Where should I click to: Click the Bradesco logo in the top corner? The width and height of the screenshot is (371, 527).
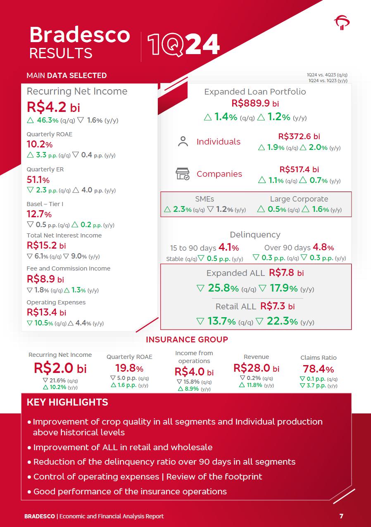click(x=342, y=22)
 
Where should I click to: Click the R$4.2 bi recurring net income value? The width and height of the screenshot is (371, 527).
click(x=53, y=107)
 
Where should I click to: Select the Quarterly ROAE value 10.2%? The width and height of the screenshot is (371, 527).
click(x=39, y=145)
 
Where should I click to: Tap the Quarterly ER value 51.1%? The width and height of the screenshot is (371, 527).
click(x=38, y=180)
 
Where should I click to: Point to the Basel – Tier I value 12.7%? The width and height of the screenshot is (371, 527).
click(x=39, y=214)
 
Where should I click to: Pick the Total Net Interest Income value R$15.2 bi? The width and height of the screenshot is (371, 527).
click(x=46, y=245)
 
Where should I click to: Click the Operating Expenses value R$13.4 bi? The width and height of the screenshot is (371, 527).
click(x=46, y=312)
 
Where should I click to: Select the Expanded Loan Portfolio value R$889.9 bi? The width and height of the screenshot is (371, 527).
click(x=255, y=103)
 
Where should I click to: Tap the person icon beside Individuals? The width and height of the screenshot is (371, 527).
click(x=183, y=141)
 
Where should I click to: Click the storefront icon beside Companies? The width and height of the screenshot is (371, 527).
click(x=183, y=174)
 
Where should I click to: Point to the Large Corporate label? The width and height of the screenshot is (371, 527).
click(x=299, y=199)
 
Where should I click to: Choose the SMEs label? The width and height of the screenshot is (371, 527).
click(x=205, y=199)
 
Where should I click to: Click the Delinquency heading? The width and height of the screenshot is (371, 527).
click(x=255, y=235)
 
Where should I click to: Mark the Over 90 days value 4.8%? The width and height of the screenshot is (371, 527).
click(x=323, y=247)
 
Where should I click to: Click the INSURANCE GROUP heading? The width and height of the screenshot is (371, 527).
click(x=187, y=339)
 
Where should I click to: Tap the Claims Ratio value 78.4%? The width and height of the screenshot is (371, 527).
click(x=318, y=369)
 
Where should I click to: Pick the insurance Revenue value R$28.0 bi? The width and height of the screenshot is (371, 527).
click(x=256, y=368)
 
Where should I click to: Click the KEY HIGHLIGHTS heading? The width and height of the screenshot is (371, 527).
click(x=67, y=402)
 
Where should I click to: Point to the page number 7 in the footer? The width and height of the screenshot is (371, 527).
click(x=341, y=516)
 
